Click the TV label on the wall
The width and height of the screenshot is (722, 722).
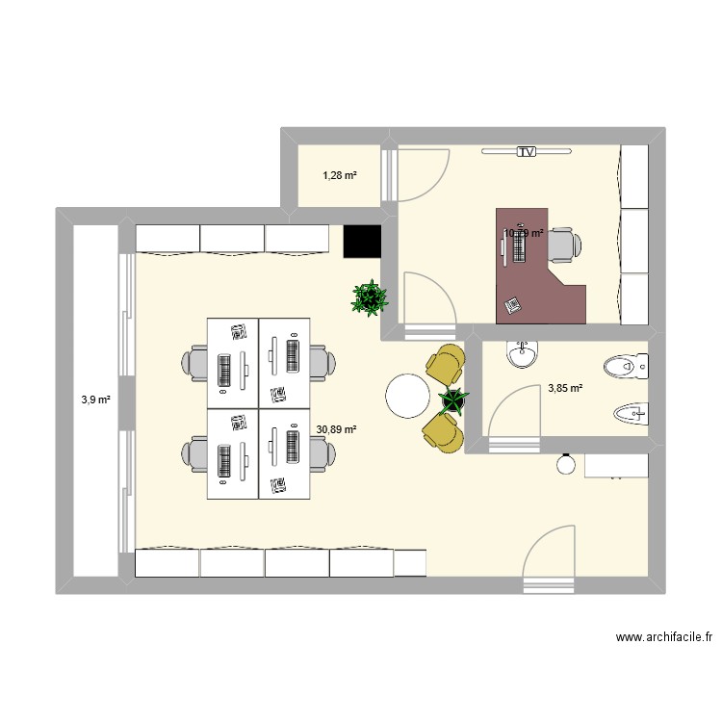pos(526,152)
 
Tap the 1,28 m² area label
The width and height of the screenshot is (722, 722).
pos(340,175)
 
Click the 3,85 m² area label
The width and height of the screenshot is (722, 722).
pos(565,389)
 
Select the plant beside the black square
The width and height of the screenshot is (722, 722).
pos(370,298)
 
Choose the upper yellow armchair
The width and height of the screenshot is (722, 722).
pos(444,365)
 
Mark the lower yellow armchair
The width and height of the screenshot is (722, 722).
pos(442,429)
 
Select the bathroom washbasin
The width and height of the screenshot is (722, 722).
pos(522,353)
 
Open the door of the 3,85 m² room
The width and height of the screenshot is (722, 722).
pos(512,414)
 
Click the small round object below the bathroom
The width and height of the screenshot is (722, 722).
pos(566,465)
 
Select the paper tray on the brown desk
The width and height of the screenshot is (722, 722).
pos(512,304)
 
